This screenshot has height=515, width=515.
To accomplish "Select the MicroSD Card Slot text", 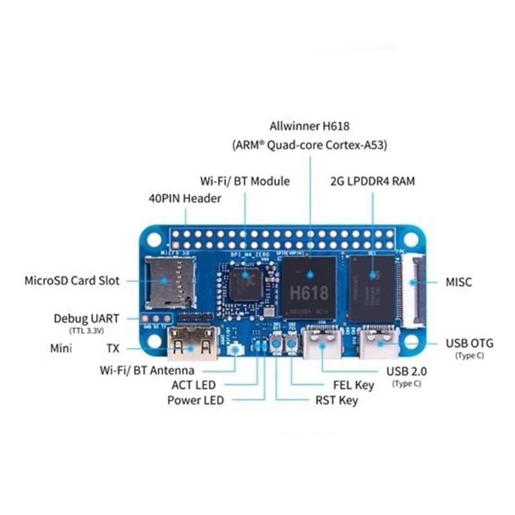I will pos(72,281).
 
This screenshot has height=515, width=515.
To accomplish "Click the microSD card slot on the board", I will pos(170,281).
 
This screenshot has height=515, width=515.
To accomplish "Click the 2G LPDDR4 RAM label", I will pos(372,181).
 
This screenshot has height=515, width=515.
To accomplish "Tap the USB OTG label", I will pos(470,343).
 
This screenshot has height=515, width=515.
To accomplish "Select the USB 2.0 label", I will pos(406,371).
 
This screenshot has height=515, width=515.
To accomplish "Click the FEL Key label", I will pos(353,386).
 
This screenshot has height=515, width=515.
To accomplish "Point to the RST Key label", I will pos(337,400).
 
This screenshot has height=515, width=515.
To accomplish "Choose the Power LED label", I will pos(196,400).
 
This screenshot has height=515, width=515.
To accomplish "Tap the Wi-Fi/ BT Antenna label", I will pos(156,371).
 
